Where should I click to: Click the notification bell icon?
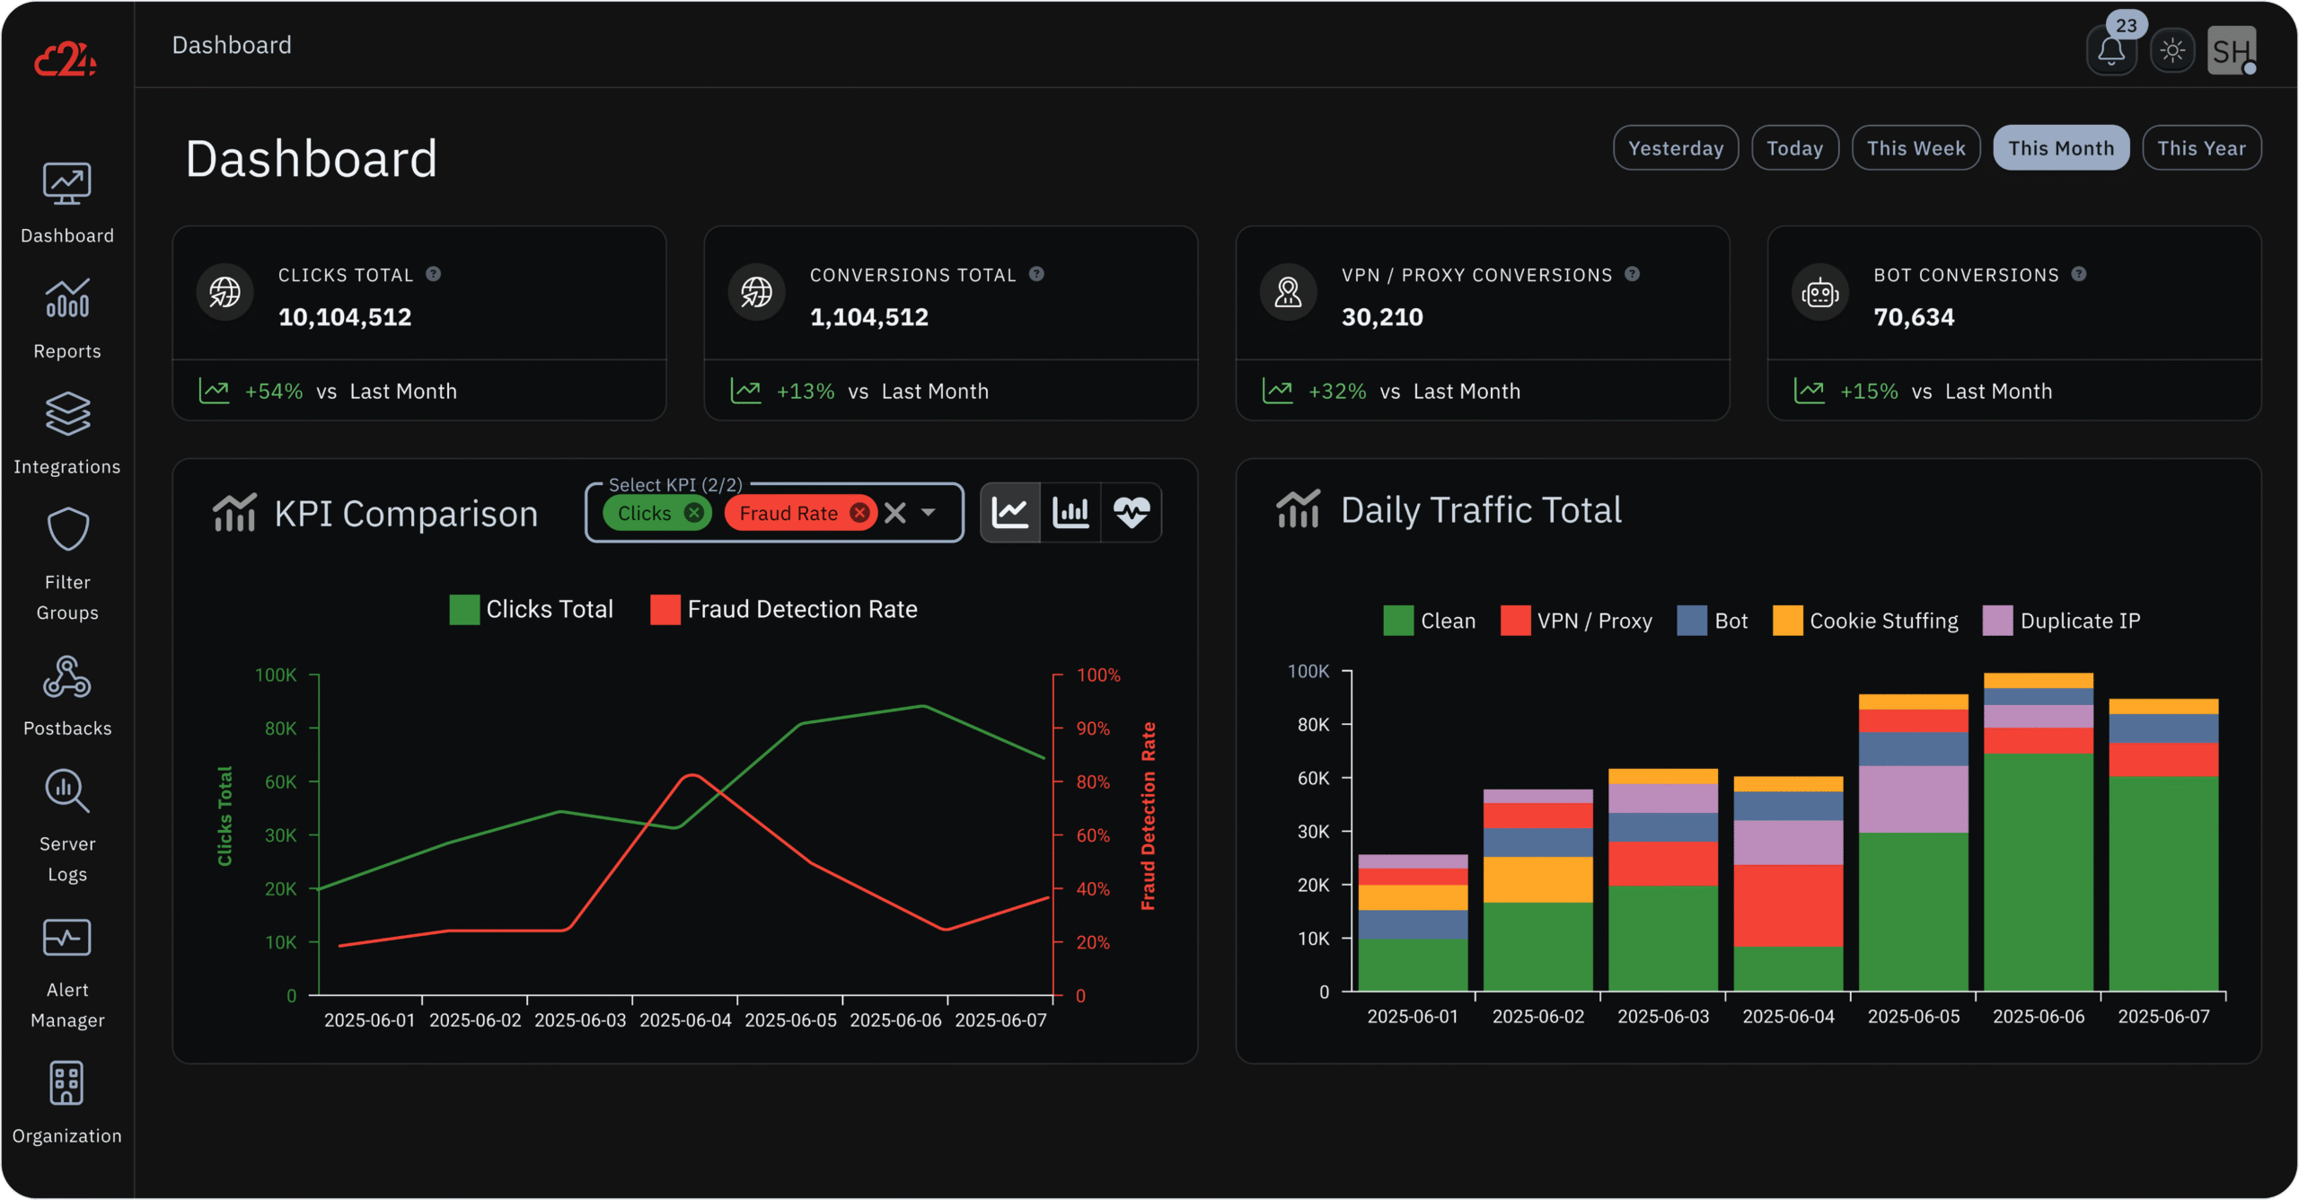(x=2110, y=51)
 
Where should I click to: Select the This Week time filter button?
(x=1916, y=148)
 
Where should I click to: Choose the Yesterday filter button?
(x=1675, y=148)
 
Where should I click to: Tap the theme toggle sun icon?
(x=2172, y=51)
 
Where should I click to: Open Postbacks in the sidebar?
(x=67, y=696)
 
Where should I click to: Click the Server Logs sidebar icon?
(x=67, y=791)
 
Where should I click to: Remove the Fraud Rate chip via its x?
(x=859, y=513)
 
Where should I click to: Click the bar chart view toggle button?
(x=1070, y=513)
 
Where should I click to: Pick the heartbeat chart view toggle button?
(x=1131, y=513)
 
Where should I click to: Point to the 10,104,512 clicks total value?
(x=345, y=317)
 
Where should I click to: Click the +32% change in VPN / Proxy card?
(x=1336, y=392)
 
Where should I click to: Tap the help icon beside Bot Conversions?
(x=2079, y=275)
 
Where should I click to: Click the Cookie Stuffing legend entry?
(x=1883, y=621)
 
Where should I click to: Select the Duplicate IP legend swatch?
(x=1997, y=621)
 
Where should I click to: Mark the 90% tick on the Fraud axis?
(x=1093, y=728)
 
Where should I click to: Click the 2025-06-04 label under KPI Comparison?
(x=685, y=1020)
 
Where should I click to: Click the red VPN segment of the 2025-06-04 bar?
(x=1788, y=904)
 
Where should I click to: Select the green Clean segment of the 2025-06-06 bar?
(x=2038, y=871)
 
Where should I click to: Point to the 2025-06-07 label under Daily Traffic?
(x=2163, y=1017)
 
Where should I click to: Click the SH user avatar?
(x=2230, y=51)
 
